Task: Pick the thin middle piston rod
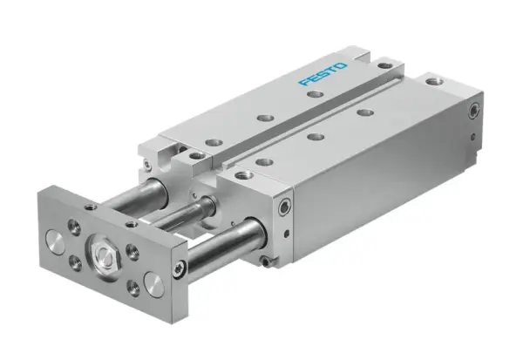click(187, 214)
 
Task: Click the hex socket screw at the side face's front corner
click(285, 207)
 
